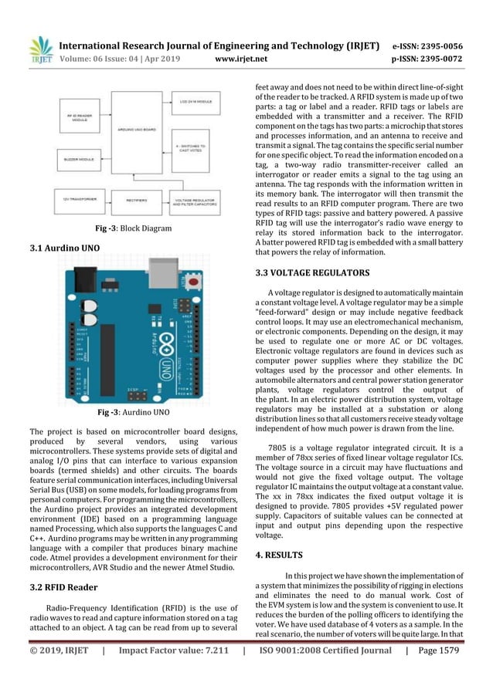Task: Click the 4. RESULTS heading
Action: [281, 554]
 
